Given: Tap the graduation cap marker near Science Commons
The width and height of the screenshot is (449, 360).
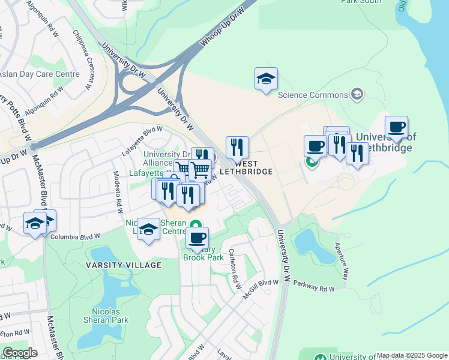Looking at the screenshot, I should [266, 79].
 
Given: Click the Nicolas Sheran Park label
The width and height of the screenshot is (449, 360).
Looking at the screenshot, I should [110, 316].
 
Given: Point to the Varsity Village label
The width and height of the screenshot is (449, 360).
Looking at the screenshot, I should [124, 265].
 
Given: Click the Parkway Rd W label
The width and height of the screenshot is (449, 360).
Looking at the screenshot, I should [318, 289].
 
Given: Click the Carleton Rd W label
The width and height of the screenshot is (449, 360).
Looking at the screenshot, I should [234, 265].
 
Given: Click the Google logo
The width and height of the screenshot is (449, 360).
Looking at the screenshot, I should [20, 353].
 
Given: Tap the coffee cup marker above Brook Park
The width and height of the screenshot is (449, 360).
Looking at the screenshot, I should [197, 238].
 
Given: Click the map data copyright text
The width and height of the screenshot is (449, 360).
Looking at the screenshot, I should [412, 355].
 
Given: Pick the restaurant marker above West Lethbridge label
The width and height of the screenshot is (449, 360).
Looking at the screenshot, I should [237, 147].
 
